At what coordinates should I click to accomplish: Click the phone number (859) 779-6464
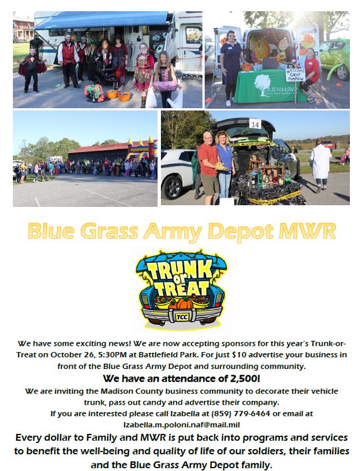point(241,414)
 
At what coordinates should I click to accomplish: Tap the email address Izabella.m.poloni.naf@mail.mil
point(182,425)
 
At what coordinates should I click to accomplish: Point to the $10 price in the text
point(239,355)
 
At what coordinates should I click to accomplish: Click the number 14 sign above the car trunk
point(255,124)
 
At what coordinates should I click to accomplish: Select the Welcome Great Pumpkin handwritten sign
point(295,74)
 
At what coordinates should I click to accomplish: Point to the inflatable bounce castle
point(141,149)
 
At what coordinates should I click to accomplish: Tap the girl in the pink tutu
point(165,79)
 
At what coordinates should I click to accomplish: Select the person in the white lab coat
point(320,165)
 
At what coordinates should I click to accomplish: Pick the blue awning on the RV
point(102,20)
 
